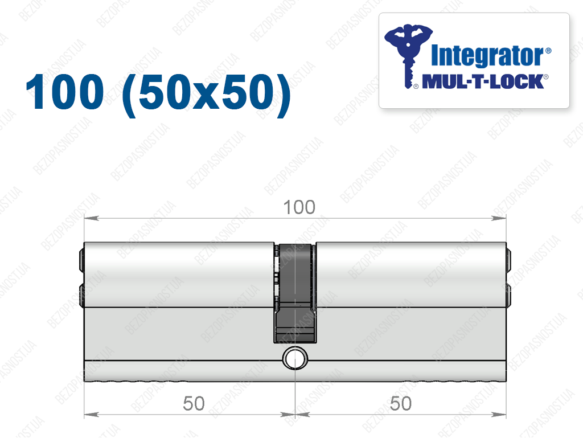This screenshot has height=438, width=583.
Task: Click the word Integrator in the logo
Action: point(487,56)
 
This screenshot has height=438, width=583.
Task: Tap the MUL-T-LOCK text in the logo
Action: point(483,81)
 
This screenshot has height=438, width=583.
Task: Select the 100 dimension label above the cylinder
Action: point(299,207)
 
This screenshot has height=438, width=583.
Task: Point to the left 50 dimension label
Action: point(194,403)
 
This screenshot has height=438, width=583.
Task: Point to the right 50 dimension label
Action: point(401,403)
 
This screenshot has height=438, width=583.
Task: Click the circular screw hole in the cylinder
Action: point(295,358)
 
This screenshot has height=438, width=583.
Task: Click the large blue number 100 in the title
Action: point(65,92)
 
